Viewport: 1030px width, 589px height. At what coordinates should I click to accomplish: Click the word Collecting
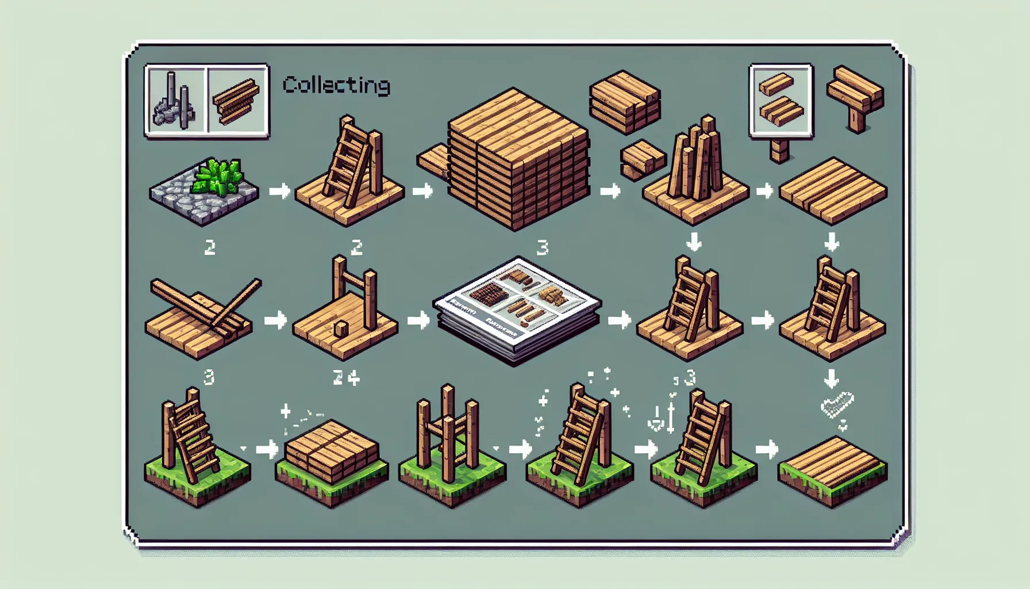[336, 85]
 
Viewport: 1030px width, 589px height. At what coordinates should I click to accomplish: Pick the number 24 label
[346, 378]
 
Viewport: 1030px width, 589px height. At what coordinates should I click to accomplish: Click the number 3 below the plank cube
[542, 248]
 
